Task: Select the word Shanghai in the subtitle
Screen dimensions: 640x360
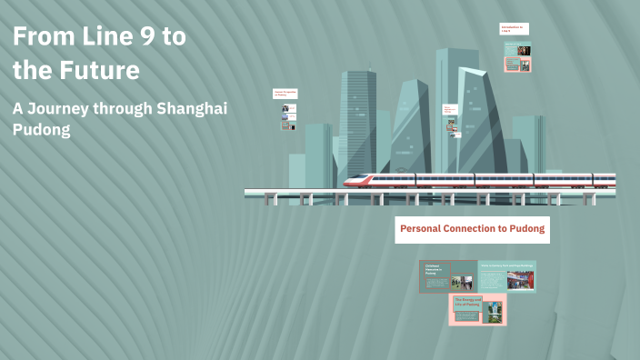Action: tap(192, 108)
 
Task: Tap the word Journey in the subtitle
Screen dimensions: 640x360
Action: tap(61, 108)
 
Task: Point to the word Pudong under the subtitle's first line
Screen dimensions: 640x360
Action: tap(41, 130)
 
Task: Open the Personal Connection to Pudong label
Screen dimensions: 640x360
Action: tap(472, 229)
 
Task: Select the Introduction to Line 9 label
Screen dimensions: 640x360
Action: tap(514, 29)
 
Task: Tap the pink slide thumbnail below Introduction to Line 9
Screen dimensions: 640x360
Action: tap(517, 65)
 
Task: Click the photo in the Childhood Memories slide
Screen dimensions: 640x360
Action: tap(462, 283)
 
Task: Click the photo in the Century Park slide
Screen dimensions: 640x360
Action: tap(520, 280)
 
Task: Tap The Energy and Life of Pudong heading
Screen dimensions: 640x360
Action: tap(466, 301)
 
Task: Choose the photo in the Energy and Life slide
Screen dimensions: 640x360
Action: tap(493, 310)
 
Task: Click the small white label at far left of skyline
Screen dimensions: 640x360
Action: tap(286, 93)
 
